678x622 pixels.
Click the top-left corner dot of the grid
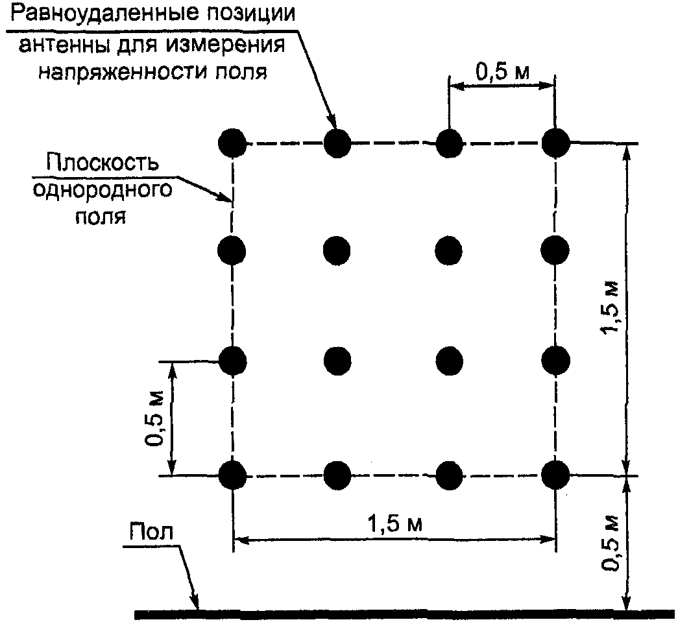tap(232, 142)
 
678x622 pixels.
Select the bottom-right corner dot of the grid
tap(555, 475)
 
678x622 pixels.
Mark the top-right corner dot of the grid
tap(555, 142)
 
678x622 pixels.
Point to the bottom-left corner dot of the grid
tap(232, 475)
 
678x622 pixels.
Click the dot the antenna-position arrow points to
tap(337, 142)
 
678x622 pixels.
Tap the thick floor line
tap(402, 613)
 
